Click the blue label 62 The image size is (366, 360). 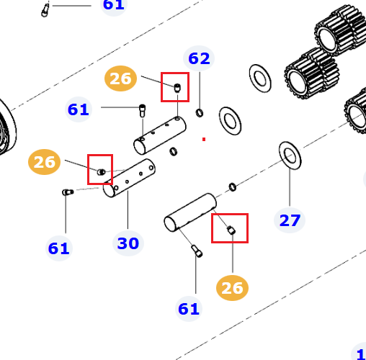[199, 58]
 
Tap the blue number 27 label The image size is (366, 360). [290, 220]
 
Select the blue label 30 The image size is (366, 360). [128, 243]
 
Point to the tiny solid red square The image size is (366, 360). [204, 139]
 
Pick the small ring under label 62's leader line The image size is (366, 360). [200, 113]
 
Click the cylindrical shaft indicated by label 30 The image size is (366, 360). [129, 178]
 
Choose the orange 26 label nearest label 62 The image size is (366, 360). [120, 78]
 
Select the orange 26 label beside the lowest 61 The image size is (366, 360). [232, 288]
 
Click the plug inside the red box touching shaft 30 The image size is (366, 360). [102, 172]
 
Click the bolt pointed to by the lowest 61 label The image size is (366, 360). [197, 251]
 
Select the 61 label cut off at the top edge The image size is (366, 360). [114, 5]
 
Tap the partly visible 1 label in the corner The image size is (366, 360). [360, 353]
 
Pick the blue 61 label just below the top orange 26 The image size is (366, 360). [79, 109]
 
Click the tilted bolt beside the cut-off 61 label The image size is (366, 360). [45, 10]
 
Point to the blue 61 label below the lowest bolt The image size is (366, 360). [189, 309]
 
